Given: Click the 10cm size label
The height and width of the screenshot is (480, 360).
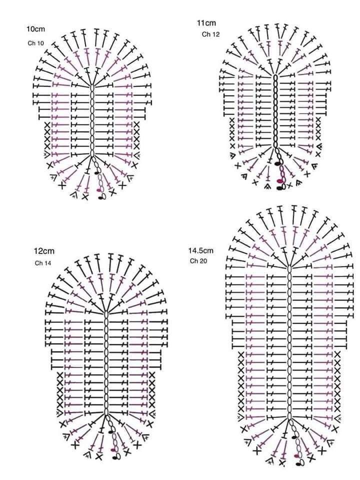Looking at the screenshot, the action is (35, 29).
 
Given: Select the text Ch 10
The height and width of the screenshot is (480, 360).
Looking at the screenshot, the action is (36, 43).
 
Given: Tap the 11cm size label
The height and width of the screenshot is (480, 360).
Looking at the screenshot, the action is (206, 23).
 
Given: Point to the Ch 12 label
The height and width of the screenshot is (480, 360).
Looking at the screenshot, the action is (210, 34).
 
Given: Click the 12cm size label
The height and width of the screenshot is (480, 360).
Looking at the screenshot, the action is (44, 251).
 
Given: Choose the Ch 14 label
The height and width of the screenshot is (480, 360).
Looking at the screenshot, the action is (43, 263).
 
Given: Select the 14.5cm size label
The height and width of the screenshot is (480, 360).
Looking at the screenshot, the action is (201, 250).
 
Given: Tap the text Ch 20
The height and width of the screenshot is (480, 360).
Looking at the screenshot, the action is (198, 261).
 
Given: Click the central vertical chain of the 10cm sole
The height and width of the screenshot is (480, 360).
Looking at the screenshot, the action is (92, 121).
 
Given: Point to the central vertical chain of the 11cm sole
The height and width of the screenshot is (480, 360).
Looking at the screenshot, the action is (275, 111).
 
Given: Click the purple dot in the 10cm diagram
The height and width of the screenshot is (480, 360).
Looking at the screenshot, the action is (99, 190).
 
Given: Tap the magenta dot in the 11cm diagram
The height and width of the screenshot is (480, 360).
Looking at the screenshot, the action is (279, 181).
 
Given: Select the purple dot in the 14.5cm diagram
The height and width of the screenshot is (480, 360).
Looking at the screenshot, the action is (296, 456).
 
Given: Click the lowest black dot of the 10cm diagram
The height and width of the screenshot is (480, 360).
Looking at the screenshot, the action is (100, 198).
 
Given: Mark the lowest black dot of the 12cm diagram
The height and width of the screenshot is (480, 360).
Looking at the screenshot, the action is (114, 458).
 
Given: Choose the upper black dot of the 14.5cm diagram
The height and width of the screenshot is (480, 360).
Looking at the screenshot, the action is (294, 436).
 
